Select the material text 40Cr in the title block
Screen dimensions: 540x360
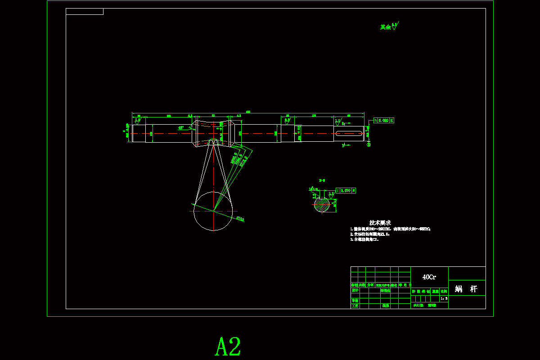point(429,277)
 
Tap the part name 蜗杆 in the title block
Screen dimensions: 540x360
point(466,289)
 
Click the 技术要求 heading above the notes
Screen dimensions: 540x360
point(380,223)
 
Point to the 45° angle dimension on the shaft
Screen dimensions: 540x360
point(181,127)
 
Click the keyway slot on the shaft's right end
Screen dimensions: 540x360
point(348,133)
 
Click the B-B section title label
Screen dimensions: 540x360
point(322,180)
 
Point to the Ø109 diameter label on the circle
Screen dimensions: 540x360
point(240,219)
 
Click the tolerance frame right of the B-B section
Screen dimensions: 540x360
point(346,190)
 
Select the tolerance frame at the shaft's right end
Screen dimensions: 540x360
point(384,121)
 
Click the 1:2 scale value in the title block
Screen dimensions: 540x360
point(444,298)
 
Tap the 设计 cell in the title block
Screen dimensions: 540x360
point(355,291)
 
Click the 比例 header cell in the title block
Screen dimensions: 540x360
point(444,291)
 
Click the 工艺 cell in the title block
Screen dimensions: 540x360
point(355,306)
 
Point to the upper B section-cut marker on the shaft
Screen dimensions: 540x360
point(343,122)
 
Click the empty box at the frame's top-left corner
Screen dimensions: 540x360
point(85,12)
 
